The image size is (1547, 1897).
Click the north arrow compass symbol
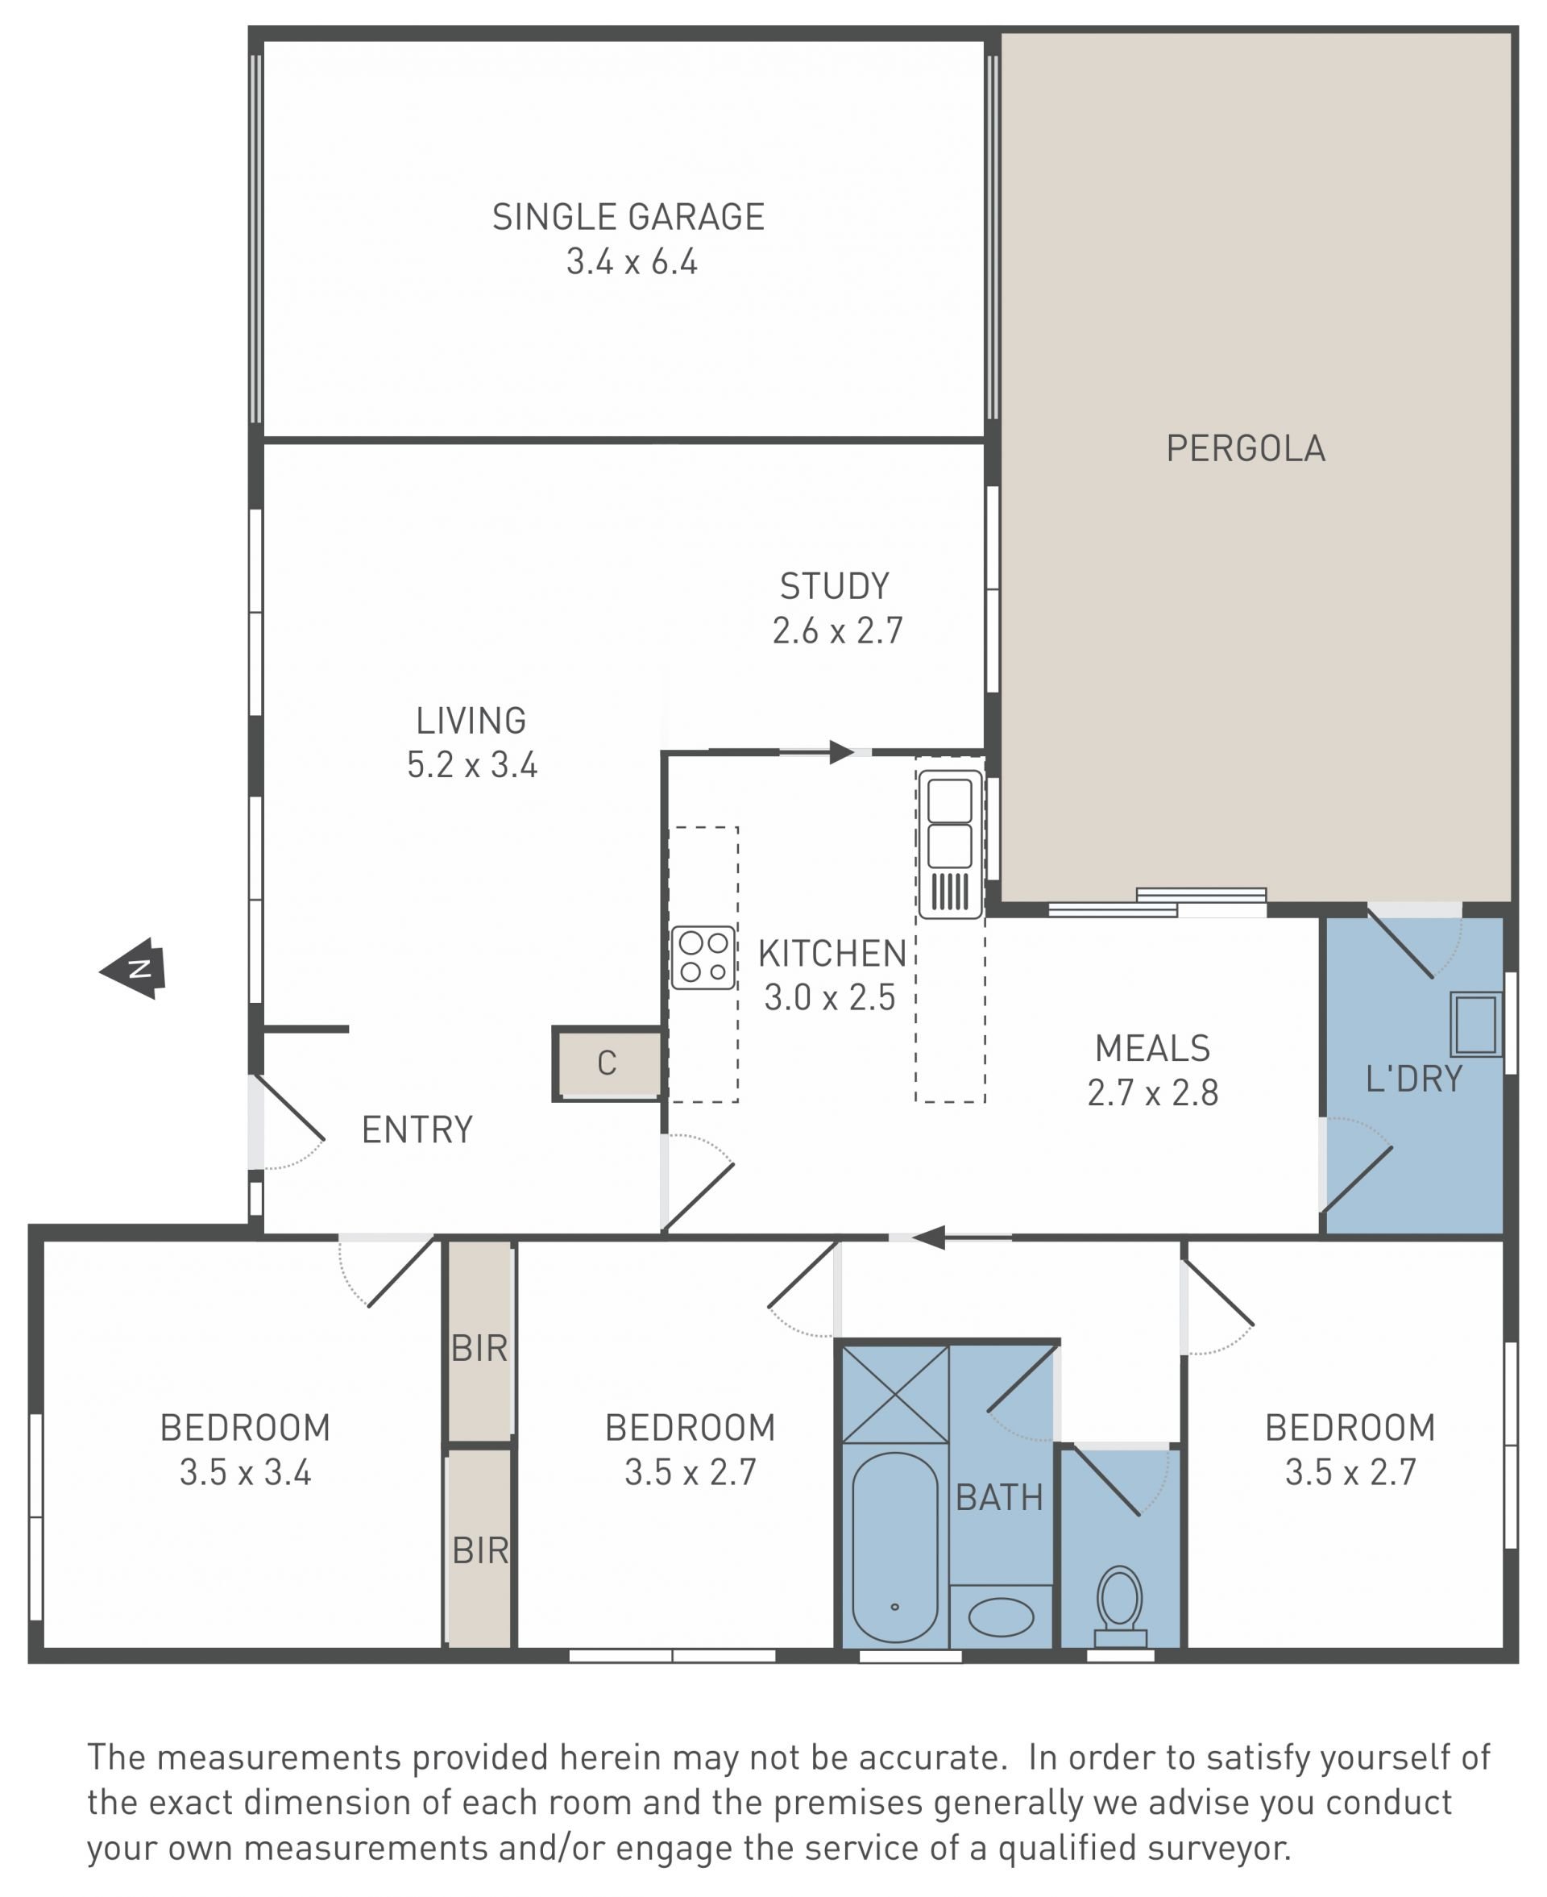point(134,968)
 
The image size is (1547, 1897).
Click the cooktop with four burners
point(703,958)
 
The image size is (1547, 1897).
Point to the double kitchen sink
point(950,843)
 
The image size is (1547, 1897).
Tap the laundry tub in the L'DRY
point(1476,1024)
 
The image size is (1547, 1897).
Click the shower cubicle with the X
point(894,1394)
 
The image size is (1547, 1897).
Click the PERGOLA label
point(1246,448)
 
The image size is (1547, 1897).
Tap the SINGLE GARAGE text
point(628,217)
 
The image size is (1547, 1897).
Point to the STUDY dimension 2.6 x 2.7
point(838,631)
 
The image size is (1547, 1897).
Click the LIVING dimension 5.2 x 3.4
point(472,765)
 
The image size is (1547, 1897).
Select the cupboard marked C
point(608,1063)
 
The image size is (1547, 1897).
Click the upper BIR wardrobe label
point(479,1348)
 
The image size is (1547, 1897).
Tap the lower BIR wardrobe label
point(480,1551)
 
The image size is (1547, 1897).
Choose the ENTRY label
point(417,1130)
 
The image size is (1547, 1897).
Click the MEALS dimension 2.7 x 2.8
point(1153,1092)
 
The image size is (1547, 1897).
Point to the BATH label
point(1000,1498)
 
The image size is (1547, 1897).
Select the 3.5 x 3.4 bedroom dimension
point(245,1472)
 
